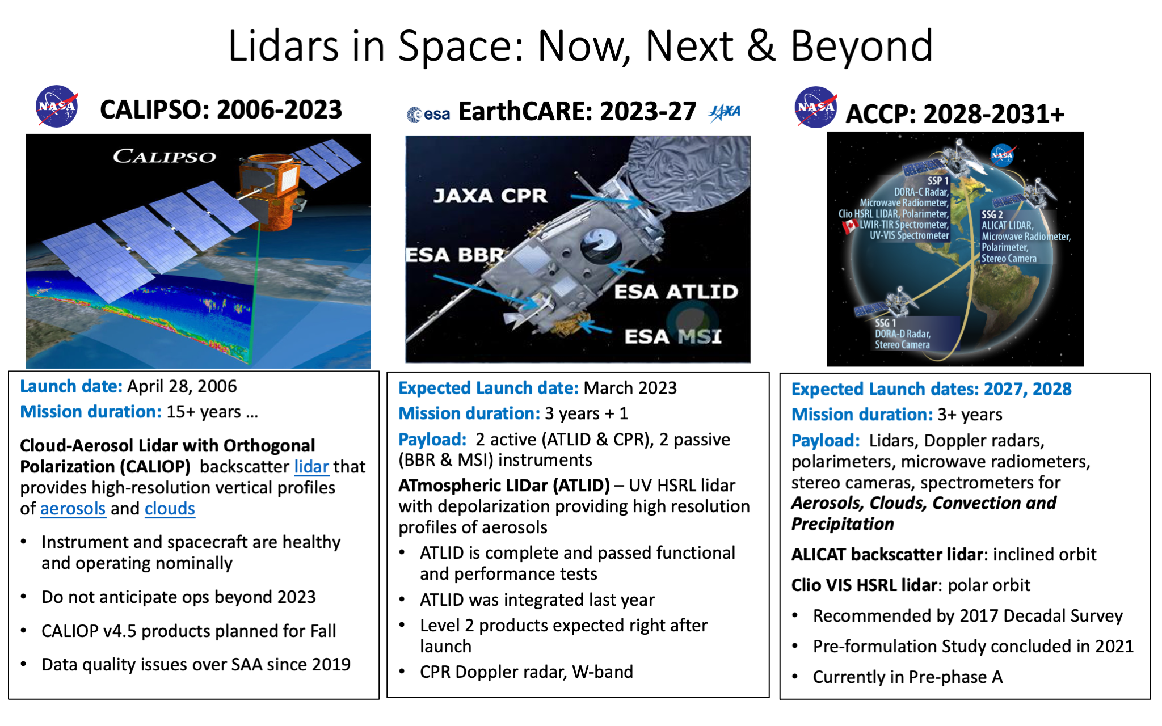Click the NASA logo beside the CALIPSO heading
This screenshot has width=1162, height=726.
(57, 106)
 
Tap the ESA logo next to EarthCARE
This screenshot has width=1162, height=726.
(428, 114)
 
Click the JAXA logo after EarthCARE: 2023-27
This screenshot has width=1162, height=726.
(725, 112)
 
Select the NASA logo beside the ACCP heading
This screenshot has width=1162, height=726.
(816, 107)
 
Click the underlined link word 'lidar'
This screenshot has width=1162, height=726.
(311, 467)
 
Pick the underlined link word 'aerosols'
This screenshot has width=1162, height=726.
(73, 509)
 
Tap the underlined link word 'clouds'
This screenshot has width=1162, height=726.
(170, 509)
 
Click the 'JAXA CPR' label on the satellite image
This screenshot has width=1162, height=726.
(490, 196)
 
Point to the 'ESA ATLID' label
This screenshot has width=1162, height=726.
(676, 292)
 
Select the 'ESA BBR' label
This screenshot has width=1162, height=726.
(455, 255)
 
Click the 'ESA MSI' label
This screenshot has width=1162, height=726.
(673, 336)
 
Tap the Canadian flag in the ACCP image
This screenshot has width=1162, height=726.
(849, 226)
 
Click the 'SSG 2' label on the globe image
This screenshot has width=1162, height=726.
(992, 215)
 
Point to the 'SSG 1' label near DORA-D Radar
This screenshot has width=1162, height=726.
(885, 323)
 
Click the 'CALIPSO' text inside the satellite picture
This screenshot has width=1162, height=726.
(165, 156)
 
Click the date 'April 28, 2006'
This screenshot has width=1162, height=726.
(182, 386)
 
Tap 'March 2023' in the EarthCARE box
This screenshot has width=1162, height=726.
(630, 388)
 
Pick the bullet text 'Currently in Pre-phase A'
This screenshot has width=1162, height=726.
(908, 677)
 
